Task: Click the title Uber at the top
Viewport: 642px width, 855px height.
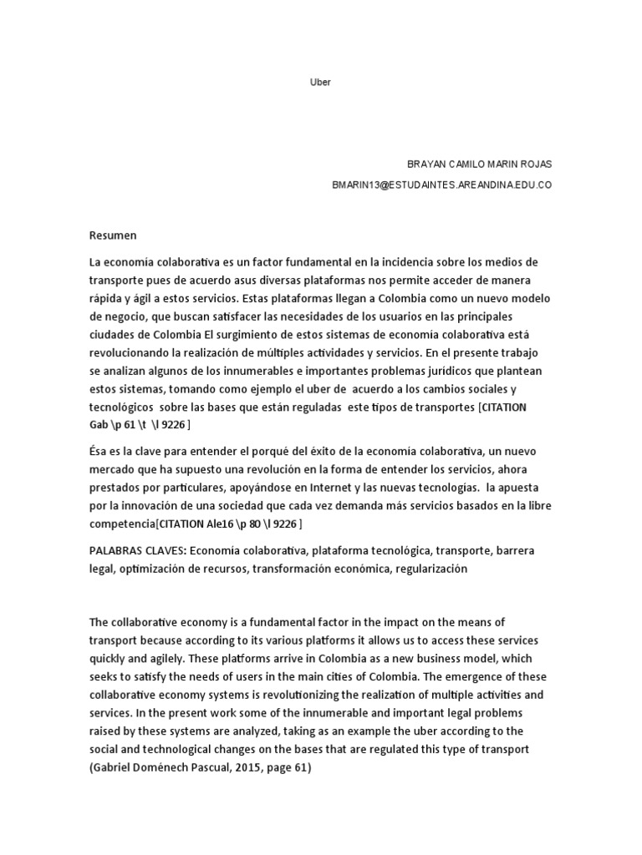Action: [x=321, y=83]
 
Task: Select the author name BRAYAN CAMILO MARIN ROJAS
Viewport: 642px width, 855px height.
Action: [x=479, y=164]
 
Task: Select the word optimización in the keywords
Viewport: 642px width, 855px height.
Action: [x=155, y=569]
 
